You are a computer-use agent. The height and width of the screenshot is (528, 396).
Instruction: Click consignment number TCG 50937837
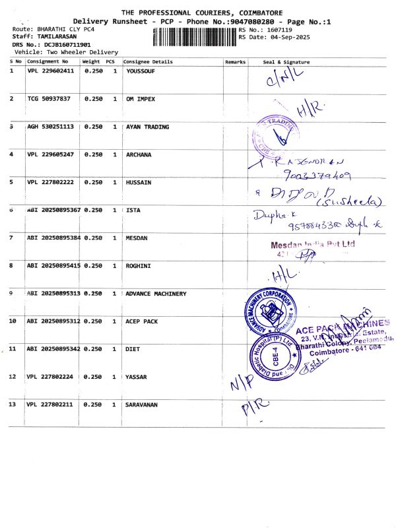point(49,98)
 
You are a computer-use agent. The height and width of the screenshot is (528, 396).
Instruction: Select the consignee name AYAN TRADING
point(147,127)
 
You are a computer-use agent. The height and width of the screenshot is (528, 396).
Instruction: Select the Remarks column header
point(235,62)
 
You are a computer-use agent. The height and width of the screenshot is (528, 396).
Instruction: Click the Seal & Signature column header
point(286,62)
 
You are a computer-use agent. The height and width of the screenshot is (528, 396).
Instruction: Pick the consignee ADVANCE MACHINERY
point(156,294)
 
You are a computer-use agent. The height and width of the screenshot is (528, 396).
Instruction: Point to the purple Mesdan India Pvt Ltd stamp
point(313,245)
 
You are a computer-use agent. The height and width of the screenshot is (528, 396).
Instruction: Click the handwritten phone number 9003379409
point(316,176)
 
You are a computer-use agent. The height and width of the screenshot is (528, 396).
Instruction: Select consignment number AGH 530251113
point(51,127)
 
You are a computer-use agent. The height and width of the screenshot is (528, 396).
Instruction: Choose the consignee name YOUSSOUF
point(141,71)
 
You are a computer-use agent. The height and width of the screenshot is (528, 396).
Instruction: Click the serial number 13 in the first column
point(13,404)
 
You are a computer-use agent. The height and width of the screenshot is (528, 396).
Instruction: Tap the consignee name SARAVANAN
point(144,404)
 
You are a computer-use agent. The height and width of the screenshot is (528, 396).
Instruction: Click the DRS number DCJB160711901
point(63,44)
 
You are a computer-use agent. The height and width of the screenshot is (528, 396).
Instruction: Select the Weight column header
point(91,62)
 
